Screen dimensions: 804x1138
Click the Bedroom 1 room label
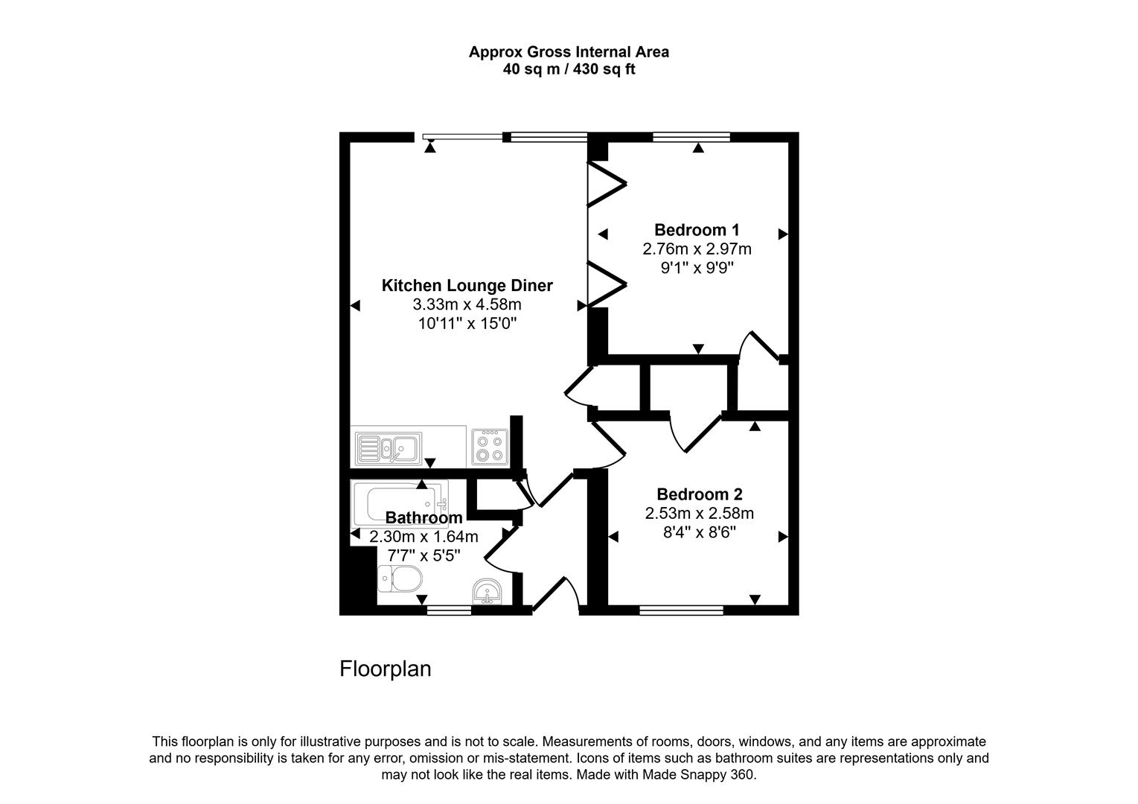697,230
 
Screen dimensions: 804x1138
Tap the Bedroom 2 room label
699,494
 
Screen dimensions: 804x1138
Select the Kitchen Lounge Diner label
467,286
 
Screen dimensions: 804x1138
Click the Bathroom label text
423,517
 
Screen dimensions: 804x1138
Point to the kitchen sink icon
386,448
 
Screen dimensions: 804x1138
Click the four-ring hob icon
490,448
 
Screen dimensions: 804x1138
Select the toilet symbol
400,578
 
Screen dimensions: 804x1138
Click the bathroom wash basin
488,593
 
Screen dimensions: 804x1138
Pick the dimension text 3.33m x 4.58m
467,304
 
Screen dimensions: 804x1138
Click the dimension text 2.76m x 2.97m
697,249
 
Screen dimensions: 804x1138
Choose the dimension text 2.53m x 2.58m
699,514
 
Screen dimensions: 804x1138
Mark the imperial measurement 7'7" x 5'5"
423,555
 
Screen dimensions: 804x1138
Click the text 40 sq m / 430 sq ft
569,70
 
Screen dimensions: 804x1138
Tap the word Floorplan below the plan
385,669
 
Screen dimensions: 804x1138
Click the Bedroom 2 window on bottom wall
681,610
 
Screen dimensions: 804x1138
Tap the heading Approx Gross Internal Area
569,52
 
